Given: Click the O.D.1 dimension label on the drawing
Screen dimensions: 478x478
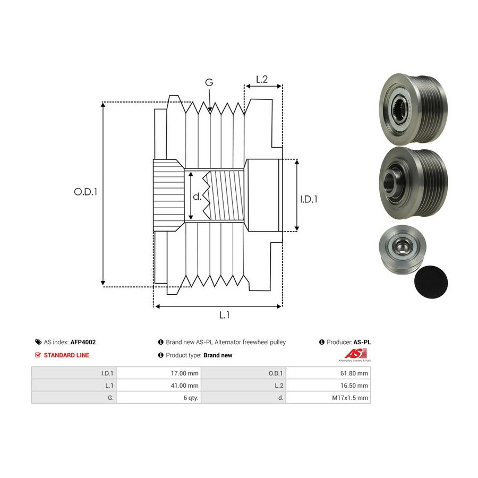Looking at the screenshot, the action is point(86,192).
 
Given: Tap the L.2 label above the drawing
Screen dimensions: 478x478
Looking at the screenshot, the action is point(262,79).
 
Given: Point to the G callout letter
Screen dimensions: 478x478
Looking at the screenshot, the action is point(209,82).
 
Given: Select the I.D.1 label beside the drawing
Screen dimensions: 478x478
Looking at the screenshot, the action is point(309,199).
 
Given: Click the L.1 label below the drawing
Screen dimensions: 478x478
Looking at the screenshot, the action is point(224,315).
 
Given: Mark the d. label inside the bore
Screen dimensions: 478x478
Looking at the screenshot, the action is point(197,197).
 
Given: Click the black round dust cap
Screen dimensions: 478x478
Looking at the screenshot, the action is point(431,281).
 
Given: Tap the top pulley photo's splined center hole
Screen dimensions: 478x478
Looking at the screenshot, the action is point(399,108).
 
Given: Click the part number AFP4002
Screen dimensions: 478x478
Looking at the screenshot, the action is point(83,342).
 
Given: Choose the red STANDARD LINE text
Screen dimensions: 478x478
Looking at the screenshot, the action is point(66,355).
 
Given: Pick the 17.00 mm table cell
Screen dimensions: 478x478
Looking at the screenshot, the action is point(158,373).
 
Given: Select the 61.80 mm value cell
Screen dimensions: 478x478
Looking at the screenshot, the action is point(328,373).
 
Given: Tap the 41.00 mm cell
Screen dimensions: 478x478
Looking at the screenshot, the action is point(158,386).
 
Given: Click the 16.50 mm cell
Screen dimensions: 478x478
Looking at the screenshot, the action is point(328,386).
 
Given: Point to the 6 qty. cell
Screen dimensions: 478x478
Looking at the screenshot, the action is point(158,397).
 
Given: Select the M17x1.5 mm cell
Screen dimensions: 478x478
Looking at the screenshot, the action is point(328,397).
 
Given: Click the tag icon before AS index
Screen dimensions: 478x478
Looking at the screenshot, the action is point(38,342).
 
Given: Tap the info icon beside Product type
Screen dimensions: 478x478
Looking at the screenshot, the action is point(161,355).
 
